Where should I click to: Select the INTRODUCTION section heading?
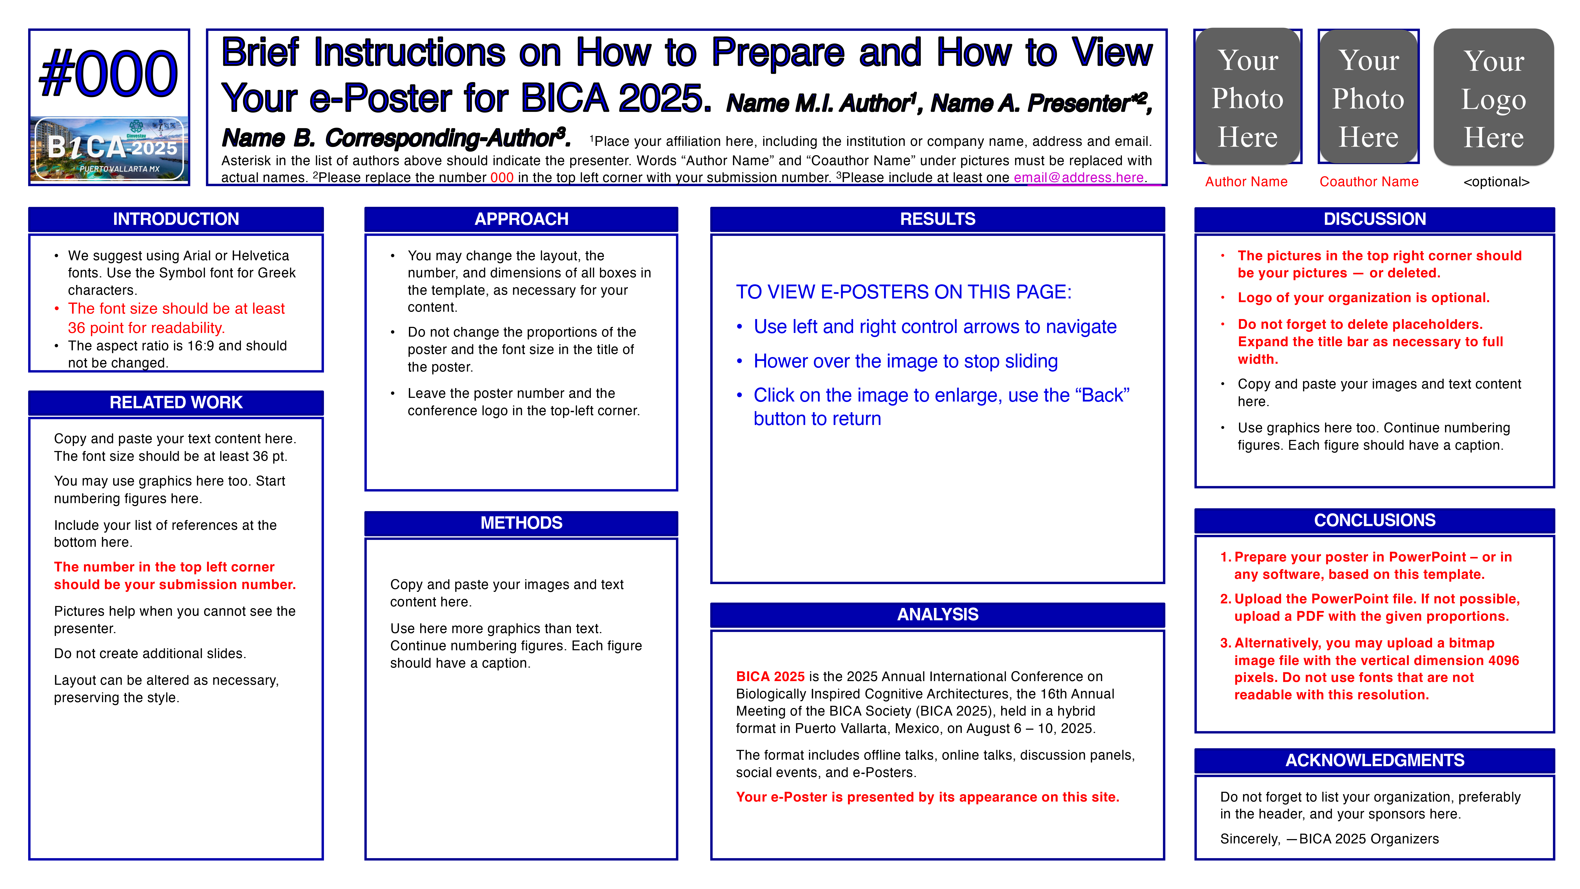coord(176,219)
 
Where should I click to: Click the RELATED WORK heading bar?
coord(176,402)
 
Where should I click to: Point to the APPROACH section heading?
coord(521,219)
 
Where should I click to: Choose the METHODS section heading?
coord(521,523)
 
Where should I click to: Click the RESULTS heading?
coord(937,219)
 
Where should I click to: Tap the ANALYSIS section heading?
coord(937,614)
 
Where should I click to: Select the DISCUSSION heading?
coord(1375,219)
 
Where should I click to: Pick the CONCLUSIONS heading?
coord(1375,520)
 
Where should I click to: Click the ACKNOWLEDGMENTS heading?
coord(1375,760)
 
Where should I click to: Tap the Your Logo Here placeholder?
coord(1493,98)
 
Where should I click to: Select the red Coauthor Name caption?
coord(1369,182)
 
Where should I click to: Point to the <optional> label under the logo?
coord(1496,182)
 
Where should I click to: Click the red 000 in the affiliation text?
coord(502,177)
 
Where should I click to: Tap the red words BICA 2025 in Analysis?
coord(770,676)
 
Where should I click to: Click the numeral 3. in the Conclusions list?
coord(1226,643)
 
